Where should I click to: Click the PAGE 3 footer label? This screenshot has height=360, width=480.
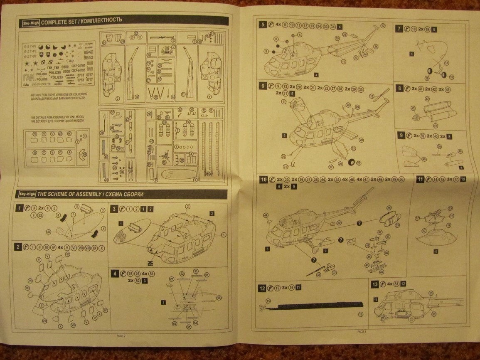[362, 331]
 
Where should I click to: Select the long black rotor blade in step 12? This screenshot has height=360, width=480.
[316, 308]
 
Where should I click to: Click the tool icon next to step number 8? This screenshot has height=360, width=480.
[408, 89]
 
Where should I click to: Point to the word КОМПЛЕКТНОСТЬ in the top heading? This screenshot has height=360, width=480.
[103, 21]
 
